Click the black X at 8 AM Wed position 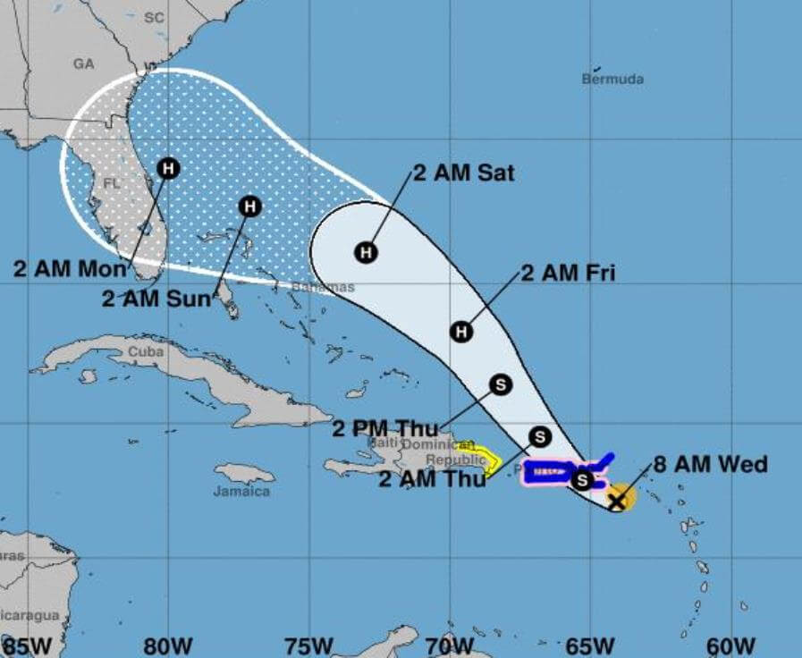617,500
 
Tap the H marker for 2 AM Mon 168,167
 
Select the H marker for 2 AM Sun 249,207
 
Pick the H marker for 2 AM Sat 365,252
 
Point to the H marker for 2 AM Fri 460,332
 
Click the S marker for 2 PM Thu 501,384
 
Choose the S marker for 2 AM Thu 539,436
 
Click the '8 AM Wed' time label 710,465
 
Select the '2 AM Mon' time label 71,267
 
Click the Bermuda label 612,80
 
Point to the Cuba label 145,352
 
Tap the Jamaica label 241,492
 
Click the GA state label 84,63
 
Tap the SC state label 154,17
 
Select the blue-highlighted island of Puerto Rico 546,471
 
